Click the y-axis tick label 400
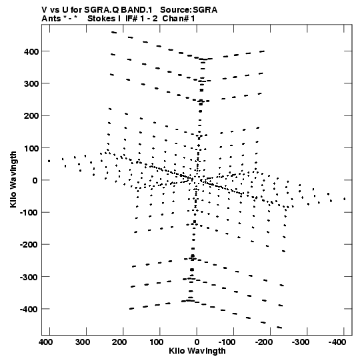coord(31,51)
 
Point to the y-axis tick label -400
coord(29,309)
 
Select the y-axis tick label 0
coord(35,180)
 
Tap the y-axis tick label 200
coord(31,116)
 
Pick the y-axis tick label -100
coord(29,213)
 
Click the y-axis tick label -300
coord(29,277)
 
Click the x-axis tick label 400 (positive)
coord(46,342)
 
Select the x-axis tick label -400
coord(337,342)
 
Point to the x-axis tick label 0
coord(197,342)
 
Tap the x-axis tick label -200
coord(263,342)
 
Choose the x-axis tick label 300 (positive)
coord(83,342)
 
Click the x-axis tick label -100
coord(227,342)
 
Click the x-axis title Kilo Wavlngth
coord(197,351)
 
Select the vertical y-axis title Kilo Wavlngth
coord(13,179)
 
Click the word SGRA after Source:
coord(205,10)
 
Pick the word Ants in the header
coord(51,19)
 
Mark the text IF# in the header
coord(132,19)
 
